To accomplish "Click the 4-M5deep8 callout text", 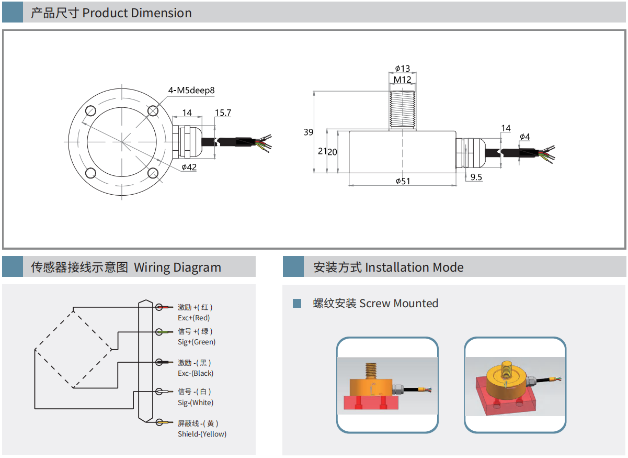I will tap(191, 90).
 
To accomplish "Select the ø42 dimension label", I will tap(189, 167).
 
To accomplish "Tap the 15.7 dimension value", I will tap(223, 113).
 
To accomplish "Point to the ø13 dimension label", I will tap(402, 69).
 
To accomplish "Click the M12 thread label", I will tap(402, 80).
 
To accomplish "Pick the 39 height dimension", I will tap(309, 132).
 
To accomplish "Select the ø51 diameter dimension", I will tap(402, 181).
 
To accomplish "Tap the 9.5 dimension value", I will tap(476, 177).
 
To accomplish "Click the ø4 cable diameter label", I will tap(524, 137).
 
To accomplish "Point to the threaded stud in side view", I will tap(402, 110).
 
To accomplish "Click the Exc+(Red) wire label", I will tap(194, 318).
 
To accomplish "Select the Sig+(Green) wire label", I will tap(197, 342).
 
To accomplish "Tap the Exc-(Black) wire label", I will tap(196, 373).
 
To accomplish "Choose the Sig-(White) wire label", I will tap(196, 403).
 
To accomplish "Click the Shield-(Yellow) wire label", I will tap(202, 434).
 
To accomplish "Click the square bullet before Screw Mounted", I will tap(297, 303).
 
